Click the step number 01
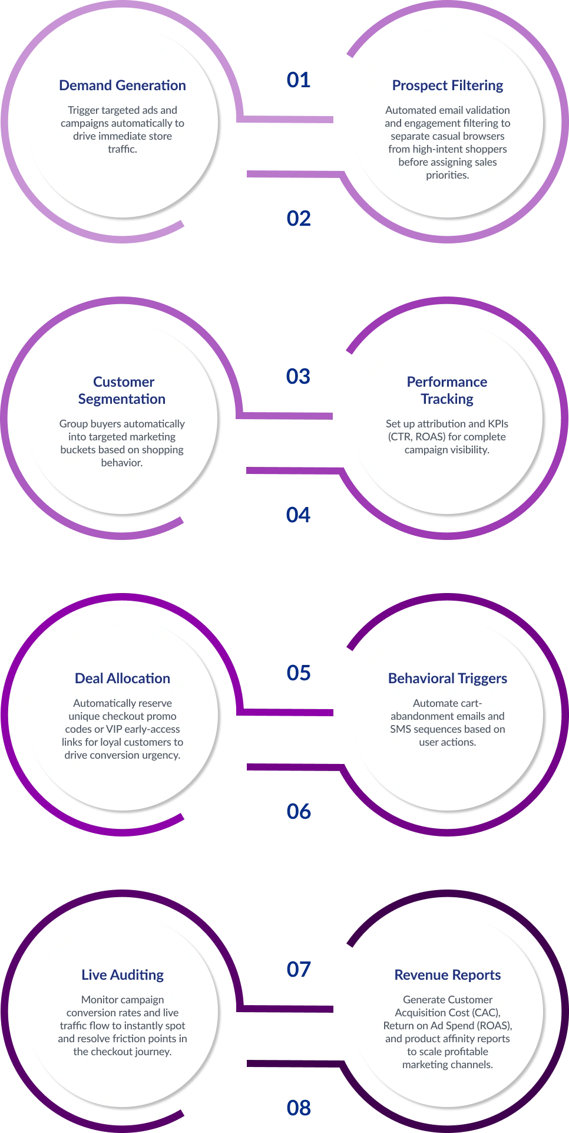click(x=299, y=80)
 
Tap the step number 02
click(x=299, y=219)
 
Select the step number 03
click(x=298, y=377)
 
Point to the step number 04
click(x=298, y=515)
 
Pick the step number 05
click(x=299, y=673)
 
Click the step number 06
click(x=299, y=812)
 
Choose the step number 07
click(x=299, y=970)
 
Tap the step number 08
click(x=299, y=1108)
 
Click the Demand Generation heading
click(x=123, y=85)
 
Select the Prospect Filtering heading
click(x=448, y=86)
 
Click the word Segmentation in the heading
click(x=122, y=400)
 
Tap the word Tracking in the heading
click(x=447, y=400)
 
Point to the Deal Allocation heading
click(x=123, y=679)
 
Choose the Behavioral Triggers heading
click(x=448, y=679)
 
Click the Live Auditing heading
click(x=123, y=976)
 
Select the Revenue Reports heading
click(x=448, y=976)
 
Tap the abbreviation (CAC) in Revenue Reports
click(x=486, y=1013)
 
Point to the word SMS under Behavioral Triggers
click(x=401, y=729)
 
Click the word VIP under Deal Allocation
click(x=114, y=729)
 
